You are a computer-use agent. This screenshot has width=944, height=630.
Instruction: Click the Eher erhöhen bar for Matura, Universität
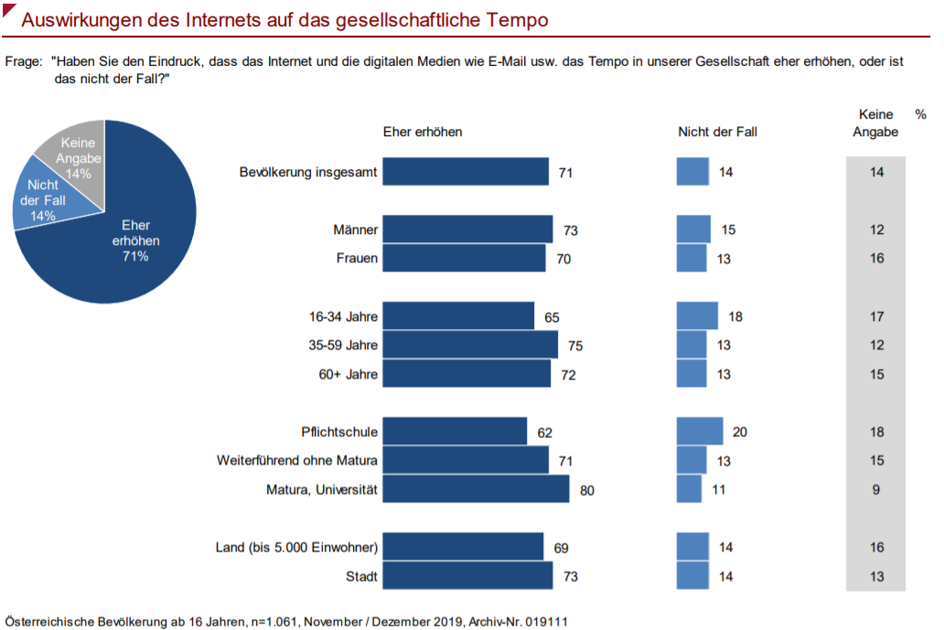point(476,489)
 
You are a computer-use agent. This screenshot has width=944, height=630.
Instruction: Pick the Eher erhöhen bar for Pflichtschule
point(455,432)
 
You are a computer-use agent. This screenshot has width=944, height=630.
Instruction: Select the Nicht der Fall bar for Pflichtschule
point(700,432)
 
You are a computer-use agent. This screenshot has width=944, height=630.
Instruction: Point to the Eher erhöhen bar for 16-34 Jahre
point(458,317)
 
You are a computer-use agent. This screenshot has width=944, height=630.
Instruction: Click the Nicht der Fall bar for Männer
point(693,230)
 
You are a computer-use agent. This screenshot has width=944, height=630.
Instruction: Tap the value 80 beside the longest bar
point(587,490)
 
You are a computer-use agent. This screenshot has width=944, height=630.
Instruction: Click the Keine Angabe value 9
point(876,490)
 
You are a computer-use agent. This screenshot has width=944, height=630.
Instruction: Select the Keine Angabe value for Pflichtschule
point(876,432)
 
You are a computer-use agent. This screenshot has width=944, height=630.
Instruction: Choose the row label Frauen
point(358,259)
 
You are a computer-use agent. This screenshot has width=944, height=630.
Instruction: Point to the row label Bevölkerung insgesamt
point(308,172)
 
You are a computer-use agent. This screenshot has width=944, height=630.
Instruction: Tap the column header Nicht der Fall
point(717,132)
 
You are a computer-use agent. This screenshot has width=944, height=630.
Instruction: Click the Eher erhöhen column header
point(423,132)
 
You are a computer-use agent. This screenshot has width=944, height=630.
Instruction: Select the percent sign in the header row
point(920,114)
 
